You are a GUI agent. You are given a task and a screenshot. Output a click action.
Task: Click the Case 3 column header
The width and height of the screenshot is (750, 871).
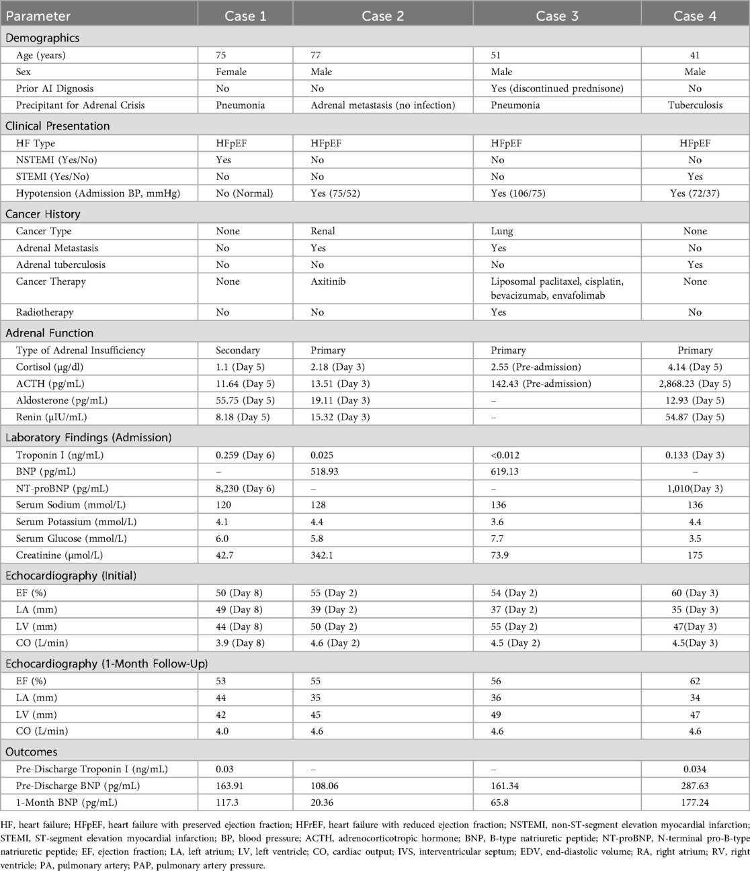click(x=556, y=16)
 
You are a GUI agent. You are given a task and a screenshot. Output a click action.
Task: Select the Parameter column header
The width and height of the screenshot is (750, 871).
click(x=38, y=16)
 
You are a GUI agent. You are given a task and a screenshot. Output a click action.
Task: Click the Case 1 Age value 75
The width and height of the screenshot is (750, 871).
click(x=222, y=55)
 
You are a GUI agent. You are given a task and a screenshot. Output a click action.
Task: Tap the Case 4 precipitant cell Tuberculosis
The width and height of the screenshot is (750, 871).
click(x=695, y=105)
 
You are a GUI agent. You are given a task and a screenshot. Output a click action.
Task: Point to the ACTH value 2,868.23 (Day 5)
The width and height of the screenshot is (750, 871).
click(x=695, y=384)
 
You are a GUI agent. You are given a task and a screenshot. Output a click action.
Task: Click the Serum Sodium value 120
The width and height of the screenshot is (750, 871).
click(x=223, y=505)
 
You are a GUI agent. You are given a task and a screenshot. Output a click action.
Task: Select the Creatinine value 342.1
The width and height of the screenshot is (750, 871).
click(x=324, y=555)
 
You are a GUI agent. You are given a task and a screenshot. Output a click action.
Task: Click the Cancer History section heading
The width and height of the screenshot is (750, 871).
click(x=43, y=214)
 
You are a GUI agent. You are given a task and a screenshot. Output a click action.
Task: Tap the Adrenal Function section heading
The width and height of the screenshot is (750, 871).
click(x=50, y=333)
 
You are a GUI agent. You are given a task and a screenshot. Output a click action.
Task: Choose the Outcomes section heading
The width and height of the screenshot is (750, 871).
click(x=32, y=752)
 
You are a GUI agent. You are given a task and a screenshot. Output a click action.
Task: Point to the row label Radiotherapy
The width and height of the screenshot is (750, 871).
click(x=44, y=312)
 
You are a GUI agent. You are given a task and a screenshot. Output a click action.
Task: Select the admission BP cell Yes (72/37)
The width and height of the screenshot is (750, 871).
click(x=695, y=193)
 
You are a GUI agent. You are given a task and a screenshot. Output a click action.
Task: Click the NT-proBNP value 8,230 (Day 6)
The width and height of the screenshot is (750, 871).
click(x=245, y=488)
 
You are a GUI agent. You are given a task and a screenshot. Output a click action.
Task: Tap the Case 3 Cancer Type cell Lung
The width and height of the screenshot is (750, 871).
click(x=502, y=231)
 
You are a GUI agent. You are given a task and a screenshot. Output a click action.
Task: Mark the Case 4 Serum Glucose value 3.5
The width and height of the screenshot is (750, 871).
click(x=695, y=539)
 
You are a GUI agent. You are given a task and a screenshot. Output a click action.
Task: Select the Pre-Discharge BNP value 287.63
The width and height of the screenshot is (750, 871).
click(x=695, y=786)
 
